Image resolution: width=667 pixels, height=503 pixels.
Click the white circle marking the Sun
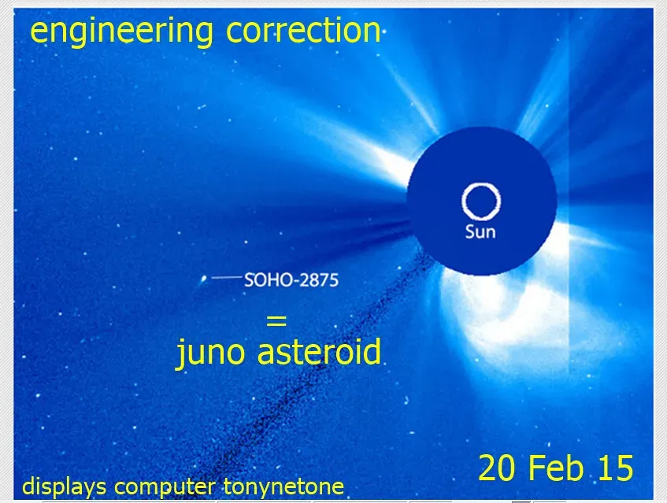[480, 202]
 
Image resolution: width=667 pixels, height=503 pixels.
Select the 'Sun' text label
[480, 232]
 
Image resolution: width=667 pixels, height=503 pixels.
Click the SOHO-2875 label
[291, 279]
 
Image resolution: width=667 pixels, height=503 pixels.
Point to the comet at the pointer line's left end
[205, 278]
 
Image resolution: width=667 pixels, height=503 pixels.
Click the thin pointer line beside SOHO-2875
[226, 277]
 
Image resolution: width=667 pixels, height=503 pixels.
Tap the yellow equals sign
[276, 321]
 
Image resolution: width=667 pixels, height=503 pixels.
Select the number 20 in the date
[498, 468]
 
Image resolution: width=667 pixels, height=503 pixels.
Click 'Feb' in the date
[555, 468]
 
